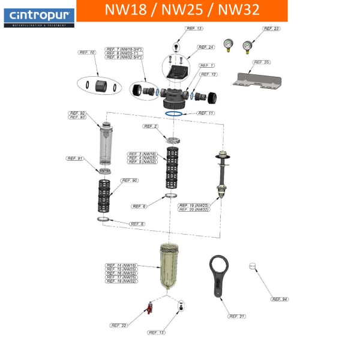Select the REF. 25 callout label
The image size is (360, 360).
coord(262,62)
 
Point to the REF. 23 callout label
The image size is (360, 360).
coord(272,28)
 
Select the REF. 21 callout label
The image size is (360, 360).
coord(237,316)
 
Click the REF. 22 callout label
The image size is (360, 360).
coord(119,325)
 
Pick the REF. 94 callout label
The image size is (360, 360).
coord(280,299)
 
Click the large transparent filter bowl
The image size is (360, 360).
coord(169,268)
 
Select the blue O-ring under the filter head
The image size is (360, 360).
coord(174,113)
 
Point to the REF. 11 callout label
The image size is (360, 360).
coord(206,113)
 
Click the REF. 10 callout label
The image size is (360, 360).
coord(87,53)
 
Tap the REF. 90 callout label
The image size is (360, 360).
coord(130,180)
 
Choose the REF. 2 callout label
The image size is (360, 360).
coord(151,127)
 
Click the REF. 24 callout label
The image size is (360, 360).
coord(206,47)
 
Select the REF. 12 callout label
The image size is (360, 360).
coord(209,74)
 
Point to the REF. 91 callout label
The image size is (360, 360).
coord(74,158)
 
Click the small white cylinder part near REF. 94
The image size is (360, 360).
coord(253,266)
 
